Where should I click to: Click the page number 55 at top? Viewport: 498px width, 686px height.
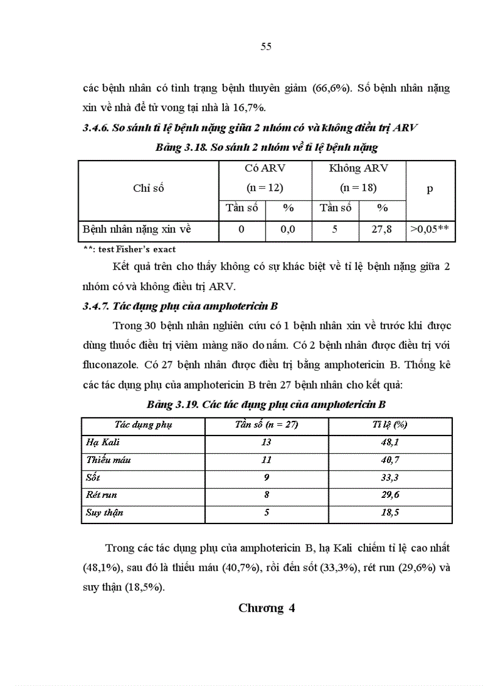pyautogui.click(x=265, y=47)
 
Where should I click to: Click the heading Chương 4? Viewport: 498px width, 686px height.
pyautogui.click(x=267, y=608)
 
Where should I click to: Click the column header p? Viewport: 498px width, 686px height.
pyautogui.click(x=430, y=189)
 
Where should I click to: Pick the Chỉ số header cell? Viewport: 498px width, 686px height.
pyautogui.click(x=148, y=189)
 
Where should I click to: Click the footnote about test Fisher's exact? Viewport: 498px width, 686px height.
pyautogui.click(x=129, y=249)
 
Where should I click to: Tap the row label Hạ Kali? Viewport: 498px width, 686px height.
pyautogui.click(x=103, y=442)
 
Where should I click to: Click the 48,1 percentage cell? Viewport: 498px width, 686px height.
pyautogui.click(x=390, y=442)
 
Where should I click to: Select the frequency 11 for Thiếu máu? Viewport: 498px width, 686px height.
pyautogui.click(x=266, y=459)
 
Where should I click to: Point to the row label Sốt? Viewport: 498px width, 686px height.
pyautogui.click(x=93, y=477)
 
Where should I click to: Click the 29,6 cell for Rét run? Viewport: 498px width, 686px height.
pyautogui.click(x=390, y=495)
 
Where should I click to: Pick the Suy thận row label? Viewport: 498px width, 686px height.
pyautogui.click(x=104, y=513)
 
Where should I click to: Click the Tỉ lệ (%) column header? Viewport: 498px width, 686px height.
pyautogui.click(x=390, y=425)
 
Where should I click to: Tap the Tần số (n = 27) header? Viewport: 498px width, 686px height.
pyautogui.click(x=266, y=425)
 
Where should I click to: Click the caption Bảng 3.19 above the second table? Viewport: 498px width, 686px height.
pyautogui.click(x=266, y=404)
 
